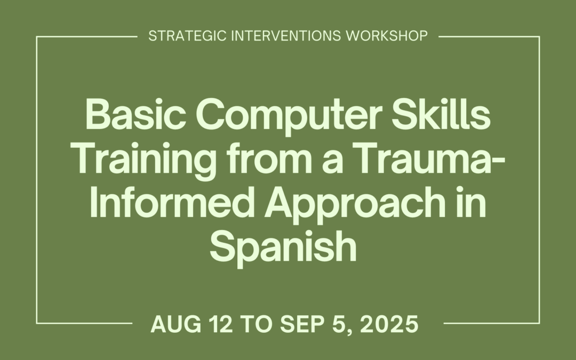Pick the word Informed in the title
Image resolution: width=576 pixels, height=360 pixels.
(x=176, y=204)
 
